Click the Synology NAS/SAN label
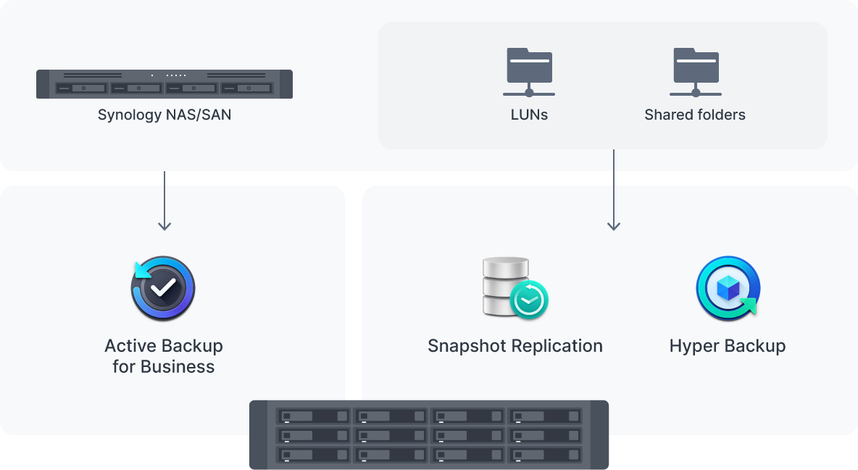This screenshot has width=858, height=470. coord(164,115)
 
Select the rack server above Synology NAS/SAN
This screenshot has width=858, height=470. coord(164,83)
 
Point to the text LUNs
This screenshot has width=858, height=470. coord(529,115)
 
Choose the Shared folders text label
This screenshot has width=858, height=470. coord(695,115)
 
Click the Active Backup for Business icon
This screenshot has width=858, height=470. coord(164,288)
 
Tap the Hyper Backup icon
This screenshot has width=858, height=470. coord(728,288)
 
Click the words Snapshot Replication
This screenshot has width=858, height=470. coord(515,346)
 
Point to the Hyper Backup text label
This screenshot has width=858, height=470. coord(728,346)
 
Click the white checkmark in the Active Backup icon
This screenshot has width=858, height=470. coord(164,288)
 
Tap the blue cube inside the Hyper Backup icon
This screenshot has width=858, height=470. coord(726,288)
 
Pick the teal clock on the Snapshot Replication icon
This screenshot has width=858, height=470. coord(529,299)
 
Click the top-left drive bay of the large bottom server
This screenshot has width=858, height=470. coord(313,417)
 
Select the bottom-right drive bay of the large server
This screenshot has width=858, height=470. coord(545,455)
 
